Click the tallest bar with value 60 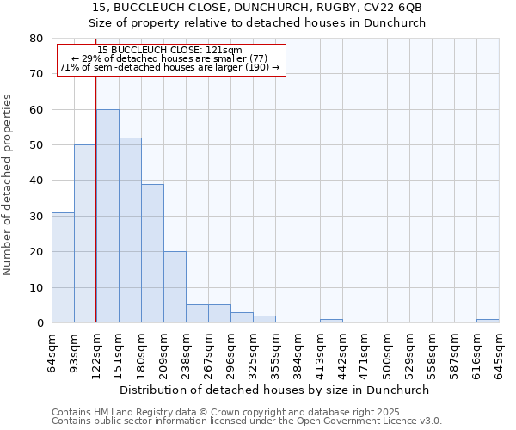point(107,216)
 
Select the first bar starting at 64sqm point(63,267)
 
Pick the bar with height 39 point(152,254)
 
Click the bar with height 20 point(175,287)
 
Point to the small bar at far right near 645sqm point(488,321)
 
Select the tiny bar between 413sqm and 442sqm point(331,321)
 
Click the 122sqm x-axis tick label point(96,353)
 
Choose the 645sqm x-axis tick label point(499,353)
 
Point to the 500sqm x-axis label point(387,353)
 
